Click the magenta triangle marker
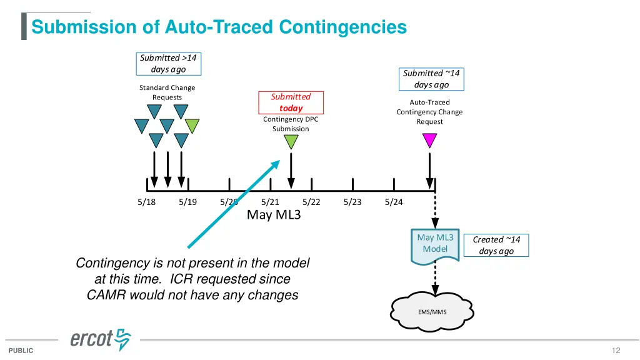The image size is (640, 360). [x=429, y=140]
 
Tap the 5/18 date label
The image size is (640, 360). [x=146, y=202]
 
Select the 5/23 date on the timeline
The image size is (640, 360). [x=352, y=202]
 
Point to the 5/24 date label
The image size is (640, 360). [x=394, y=202]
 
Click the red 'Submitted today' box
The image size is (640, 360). [x=291, y=102]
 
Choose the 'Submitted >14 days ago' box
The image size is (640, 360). [x=169, y=64]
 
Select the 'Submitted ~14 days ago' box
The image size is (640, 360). [x=431, y=79]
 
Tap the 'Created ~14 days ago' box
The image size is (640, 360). [x=496, y=245]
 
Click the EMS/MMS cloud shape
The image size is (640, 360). [x=432, y=311]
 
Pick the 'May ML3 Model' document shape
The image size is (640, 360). [x=435, y=246]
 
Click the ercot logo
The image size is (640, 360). [x=101, y=339]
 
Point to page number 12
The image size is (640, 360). [x=616, y=350]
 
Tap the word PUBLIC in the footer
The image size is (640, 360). [x=21, y=351]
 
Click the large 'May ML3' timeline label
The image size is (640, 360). [x=274, y=215]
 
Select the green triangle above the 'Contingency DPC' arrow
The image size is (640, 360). [x=291, y=142]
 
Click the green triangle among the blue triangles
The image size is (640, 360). [x=192, y=126]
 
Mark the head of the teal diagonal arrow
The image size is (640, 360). [x=279, y=161]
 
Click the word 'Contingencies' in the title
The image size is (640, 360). [x=343, y=27]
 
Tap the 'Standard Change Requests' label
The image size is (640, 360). [x=167, y=92]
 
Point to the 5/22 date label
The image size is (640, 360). [x=311, y=202]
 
